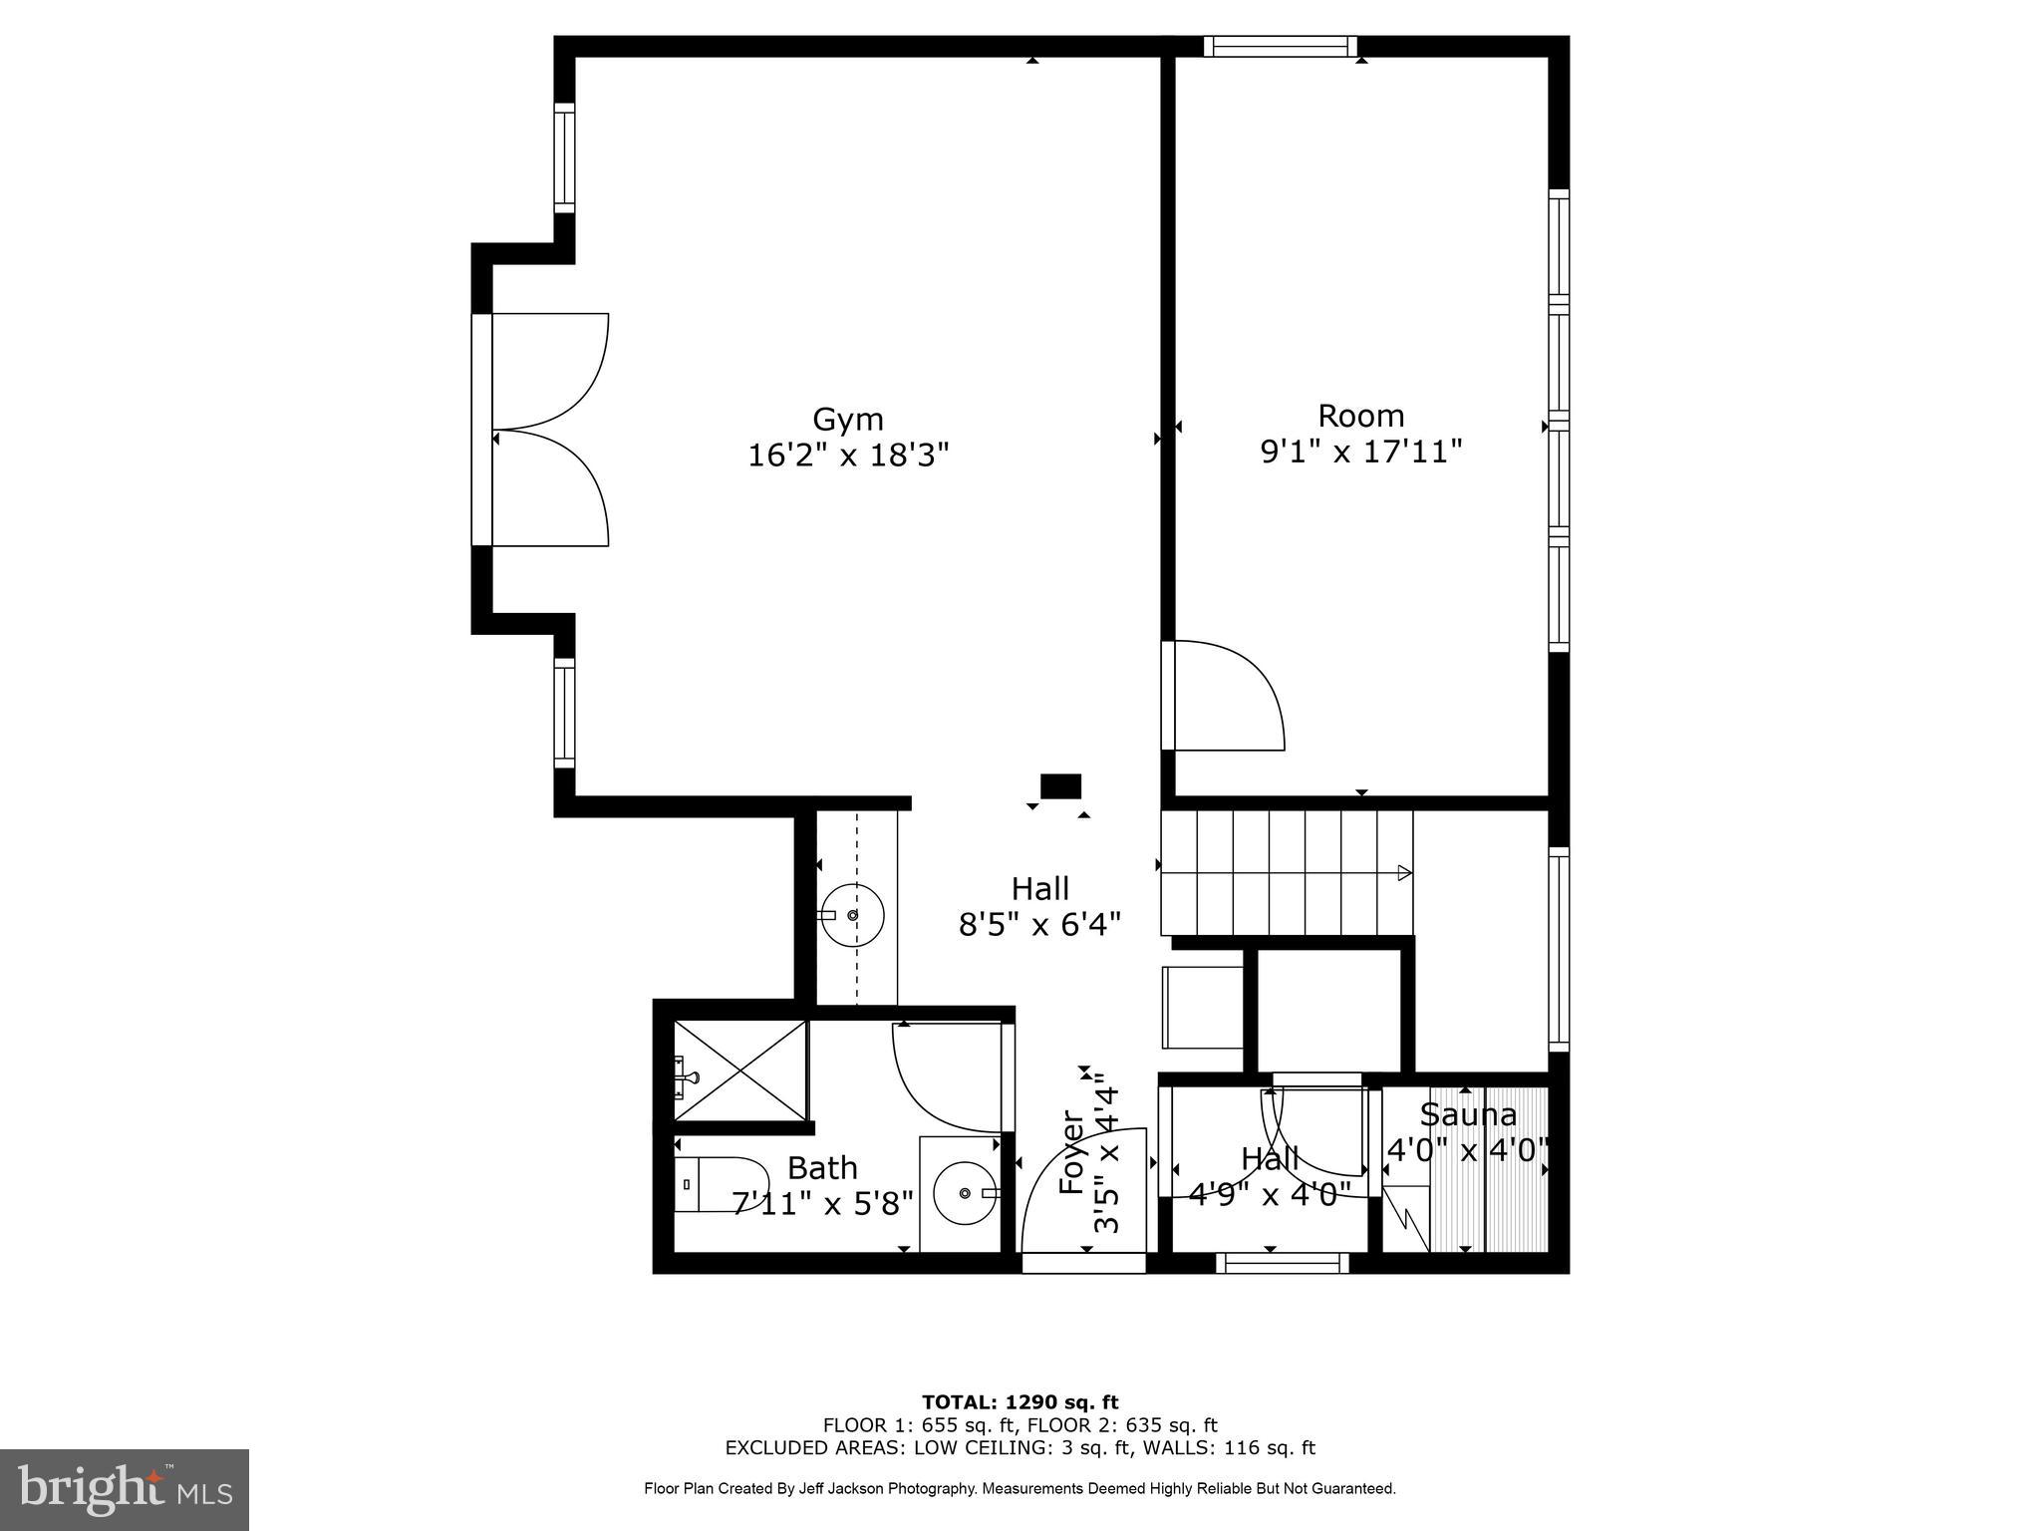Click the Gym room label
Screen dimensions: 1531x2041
[848, 419]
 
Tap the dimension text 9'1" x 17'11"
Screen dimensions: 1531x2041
[1360, 453]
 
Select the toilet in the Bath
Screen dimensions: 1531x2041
[716, 1184]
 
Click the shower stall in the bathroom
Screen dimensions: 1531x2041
[740, 1072]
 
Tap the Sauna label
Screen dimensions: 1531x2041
[1468, 1114]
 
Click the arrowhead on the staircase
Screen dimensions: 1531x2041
[1404, 873]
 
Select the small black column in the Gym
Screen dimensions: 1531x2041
[1060, 786]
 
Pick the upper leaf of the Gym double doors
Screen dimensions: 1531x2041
[550, 371]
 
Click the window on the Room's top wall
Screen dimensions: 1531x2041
[1281, 46]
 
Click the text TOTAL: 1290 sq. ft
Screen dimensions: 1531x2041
[1020, 1403]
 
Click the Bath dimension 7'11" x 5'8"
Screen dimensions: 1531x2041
[822, 1204]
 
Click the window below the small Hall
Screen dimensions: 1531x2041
[1282, 1264]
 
